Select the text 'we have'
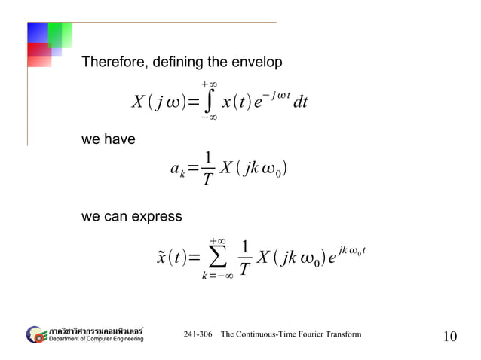pos(108,139)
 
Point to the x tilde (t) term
pos(172,258)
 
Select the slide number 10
pos(449,336)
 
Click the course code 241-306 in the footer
pos(198,334)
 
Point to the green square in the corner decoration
pos(60,34)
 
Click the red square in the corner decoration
pos(39,55)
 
